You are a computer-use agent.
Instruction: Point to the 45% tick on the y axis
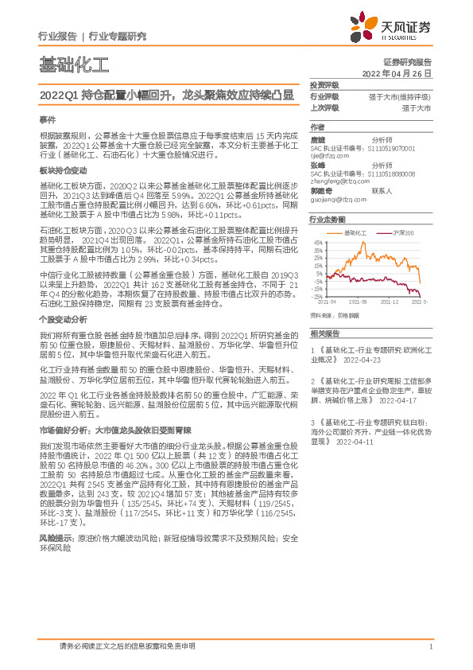(x=317, y=242)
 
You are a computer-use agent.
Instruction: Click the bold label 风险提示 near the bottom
(x=55, y=516)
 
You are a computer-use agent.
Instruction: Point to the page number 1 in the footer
(x=429, y=647)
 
